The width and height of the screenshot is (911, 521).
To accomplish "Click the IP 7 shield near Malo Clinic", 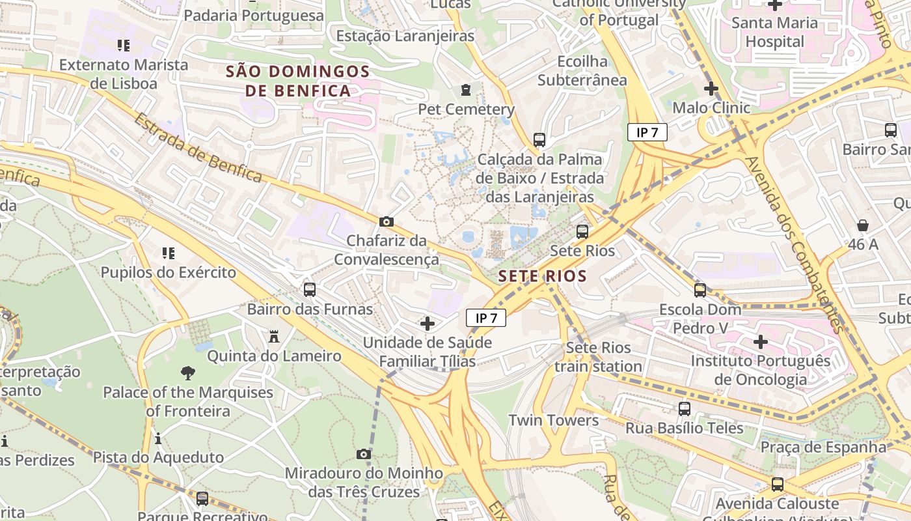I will [647, 132].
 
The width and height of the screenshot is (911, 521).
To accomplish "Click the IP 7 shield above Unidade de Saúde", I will [485, 318].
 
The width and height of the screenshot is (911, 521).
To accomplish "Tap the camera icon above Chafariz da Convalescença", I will [386, 222].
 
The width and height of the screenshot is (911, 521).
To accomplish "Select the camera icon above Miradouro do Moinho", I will [364, 454].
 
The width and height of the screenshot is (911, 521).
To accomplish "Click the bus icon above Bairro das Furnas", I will [310, 289].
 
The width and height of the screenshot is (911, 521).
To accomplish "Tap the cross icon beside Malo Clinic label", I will [711, 89].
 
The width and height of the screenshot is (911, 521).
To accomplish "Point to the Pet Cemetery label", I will [466, 109].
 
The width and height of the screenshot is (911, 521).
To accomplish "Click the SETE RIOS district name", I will [542, 276].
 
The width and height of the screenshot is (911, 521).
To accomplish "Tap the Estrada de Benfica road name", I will [198, 148].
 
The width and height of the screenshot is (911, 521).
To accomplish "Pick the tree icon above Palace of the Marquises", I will [188, 373].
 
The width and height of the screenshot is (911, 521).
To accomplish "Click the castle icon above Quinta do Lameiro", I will [274, 337].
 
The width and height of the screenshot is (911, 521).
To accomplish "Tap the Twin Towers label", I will [553, 420].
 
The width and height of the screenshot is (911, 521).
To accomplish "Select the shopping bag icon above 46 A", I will [863, 225].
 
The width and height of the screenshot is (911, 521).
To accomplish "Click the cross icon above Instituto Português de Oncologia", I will [760, 341].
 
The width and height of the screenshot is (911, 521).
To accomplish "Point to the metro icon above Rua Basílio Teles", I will [684, 409].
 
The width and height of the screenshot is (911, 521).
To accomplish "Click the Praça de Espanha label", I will [823, 447].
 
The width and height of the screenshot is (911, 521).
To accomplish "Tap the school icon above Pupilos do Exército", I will [168, 253].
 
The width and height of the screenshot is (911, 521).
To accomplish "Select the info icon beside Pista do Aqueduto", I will [158, 438].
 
